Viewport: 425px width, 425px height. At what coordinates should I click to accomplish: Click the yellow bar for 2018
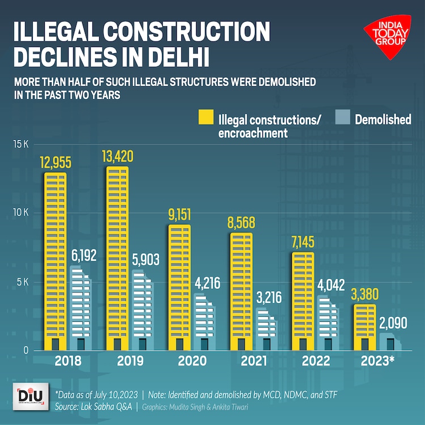tap(56, 261)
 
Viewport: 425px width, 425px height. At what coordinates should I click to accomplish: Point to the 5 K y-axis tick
tap(21, 282)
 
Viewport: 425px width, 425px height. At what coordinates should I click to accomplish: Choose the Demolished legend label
tap(383, 120)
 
